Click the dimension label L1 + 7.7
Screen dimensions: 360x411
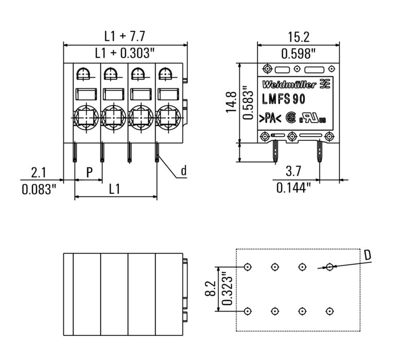(x=125, y=36)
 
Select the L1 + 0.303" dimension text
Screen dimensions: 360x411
(x=125, y=52)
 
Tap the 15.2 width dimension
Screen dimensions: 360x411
(x=298, y=36)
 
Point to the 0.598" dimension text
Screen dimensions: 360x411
(x=298, y=52)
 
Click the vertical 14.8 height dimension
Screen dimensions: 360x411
(x=231, y=102)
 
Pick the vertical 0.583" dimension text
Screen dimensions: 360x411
(x=249, y=102)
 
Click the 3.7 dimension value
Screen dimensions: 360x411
(x=293, y=171)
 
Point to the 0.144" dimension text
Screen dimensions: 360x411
(x=294, y=188)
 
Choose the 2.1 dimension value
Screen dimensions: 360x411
(x=39, y=171)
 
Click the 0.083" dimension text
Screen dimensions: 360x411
(x=39, y=189)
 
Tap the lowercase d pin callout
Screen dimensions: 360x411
(x=183, y=171)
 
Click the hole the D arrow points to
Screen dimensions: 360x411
(x=329, y=267)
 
